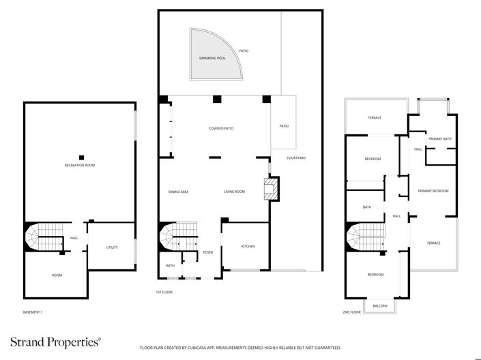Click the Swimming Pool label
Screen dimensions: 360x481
point(212,59)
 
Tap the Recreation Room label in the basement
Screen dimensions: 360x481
point(79,165)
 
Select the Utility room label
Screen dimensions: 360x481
point(112,247)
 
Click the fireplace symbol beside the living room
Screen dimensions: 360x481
point(272,188)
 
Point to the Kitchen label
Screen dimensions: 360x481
point(248,246)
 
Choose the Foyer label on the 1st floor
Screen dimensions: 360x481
point(208,252)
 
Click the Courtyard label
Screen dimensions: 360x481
point(295,158)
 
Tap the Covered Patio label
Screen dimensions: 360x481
point(221,128)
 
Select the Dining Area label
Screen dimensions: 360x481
point(178,192)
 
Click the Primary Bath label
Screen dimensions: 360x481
point(439,139)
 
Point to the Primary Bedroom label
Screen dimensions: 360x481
point(433,191)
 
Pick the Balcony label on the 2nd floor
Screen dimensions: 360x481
point(380,306)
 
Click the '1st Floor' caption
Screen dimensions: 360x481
point(164,292)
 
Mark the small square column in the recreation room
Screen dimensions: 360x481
point(81,156)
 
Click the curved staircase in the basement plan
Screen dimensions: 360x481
point(34,239)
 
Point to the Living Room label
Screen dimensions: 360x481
point(234,192)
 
